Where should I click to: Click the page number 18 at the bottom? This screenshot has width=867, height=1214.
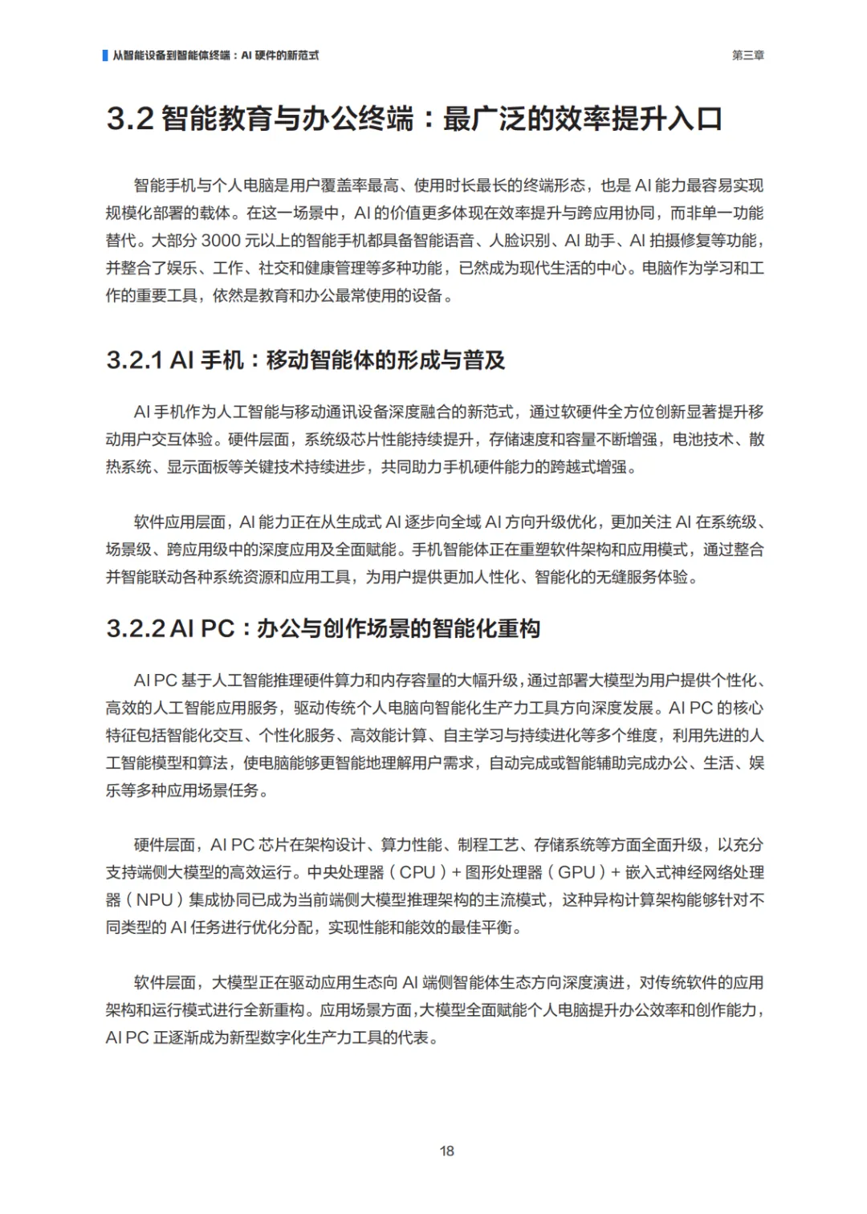point(447,1151)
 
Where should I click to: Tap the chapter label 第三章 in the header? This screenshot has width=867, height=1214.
point(747,55)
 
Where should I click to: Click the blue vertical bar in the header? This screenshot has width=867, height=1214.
point(105,55)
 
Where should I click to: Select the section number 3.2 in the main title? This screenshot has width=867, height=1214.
point(129,120)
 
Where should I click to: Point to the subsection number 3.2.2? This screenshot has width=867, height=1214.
point(136,628)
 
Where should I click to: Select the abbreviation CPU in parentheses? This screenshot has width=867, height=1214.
point(417,872)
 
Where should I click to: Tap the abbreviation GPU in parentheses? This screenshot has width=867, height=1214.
point(576,872)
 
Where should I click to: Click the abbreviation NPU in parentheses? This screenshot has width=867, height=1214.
point(154,900)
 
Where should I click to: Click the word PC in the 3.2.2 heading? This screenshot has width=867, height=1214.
point(217,628)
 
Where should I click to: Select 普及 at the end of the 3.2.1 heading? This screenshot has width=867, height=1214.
point(484,360)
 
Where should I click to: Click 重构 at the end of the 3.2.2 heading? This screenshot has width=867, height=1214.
point(519,628)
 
